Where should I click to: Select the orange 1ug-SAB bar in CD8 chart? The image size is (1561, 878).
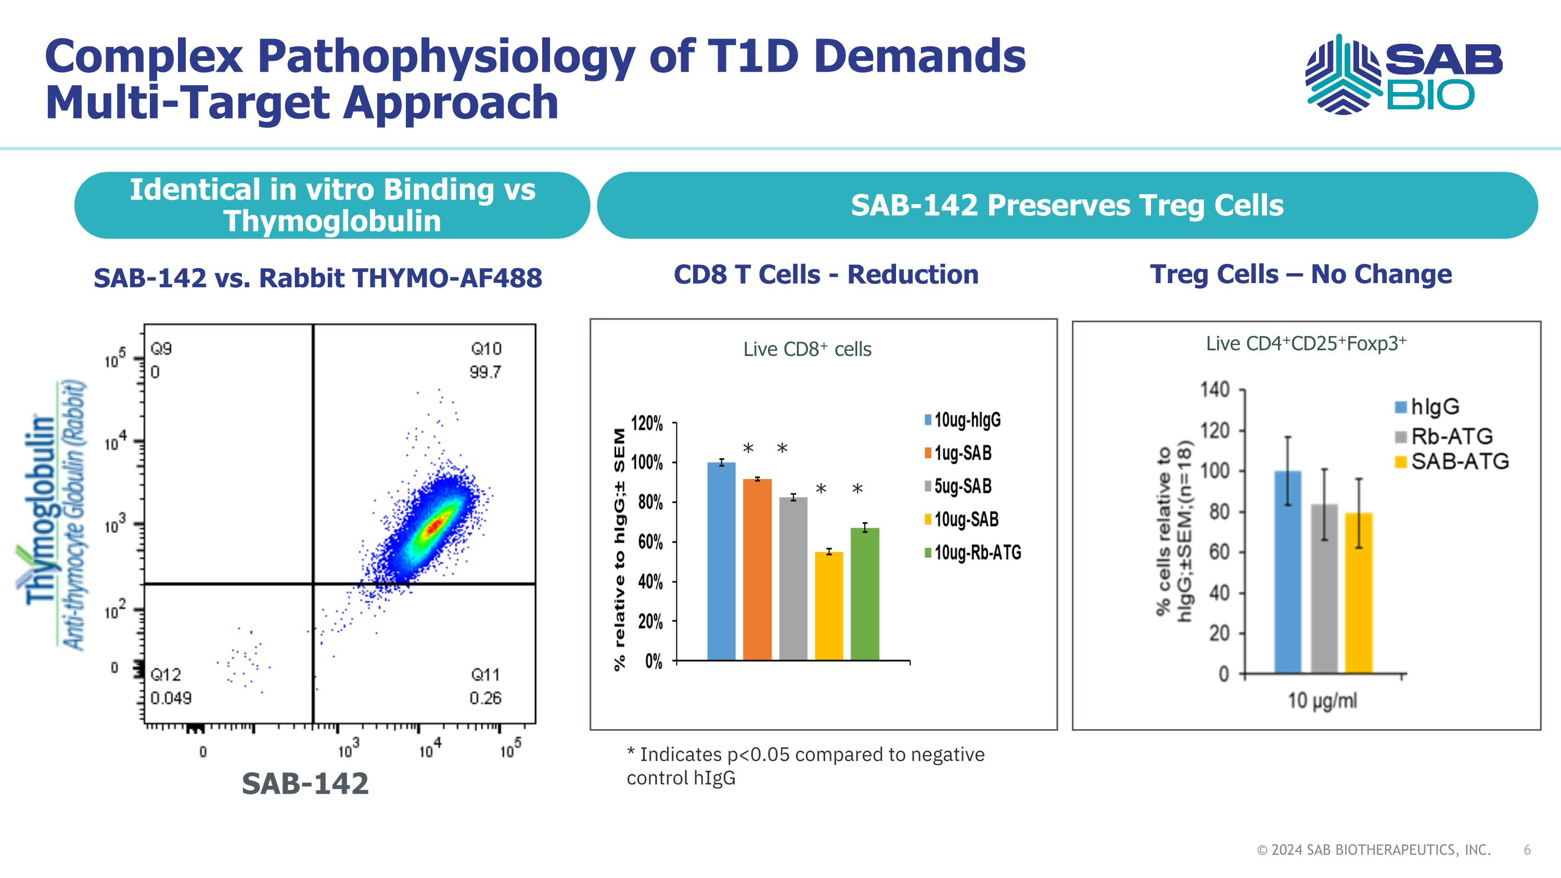(757, 569)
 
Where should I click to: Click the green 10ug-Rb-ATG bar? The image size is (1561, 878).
(865, 594)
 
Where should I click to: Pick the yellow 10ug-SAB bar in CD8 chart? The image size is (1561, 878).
(828, 606)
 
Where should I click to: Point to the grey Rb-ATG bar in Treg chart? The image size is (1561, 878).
(1324, 588)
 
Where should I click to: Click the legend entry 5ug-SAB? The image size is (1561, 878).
(962, 487)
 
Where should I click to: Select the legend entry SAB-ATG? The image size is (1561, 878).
(1459, 462)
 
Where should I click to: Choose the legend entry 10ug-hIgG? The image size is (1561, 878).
(967, 420)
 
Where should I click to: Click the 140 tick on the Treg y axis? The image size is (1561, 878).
(1215, 390)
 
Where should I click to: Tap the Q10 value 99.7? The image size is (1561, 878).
(485, 372)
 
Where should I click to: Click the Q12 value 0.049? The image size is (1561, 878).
(171, 698)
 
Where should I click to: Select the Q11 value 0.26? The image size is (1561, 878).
(485, 698)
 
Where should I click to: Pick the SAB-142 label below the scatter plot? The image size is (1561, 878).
(305, 783)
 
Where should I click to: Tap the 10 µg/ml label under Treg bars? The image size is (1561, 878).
(1322, 701)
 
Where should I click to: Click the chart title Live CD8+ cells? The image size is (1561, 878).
(807, 350)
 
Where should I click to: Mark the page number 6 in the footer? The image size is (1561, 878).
(1527, 850)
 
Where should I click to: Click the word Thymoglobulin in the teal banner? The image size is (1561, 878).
(332, 221)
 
